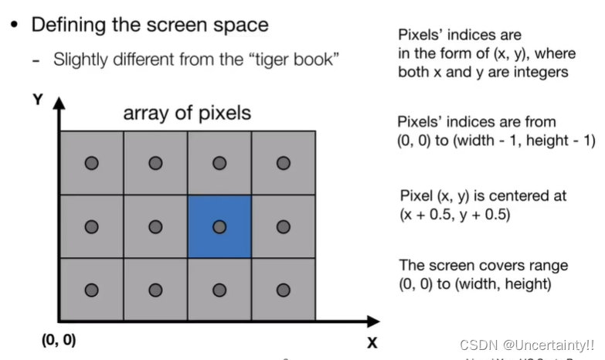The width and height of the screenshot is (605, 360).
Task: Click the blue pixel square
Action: (x=219, y=226)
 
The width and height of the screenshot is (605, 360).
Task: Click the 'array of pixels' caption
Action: (x=187, y=114)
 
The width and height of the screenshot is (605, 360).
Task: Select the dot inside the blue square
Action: (x=219, y=226)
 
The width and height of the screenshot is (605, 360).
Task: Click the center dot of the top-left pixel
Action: (x=92, y=163)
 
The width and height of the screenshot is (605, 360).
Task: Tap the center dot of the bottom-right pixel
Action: (x=284, y=290)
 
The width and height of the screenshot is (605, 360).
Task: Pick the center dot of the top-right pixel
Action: (x=284, y=163)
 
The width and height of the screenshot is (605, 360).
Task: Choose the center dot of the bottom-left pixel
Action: (x=92, y=290)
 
